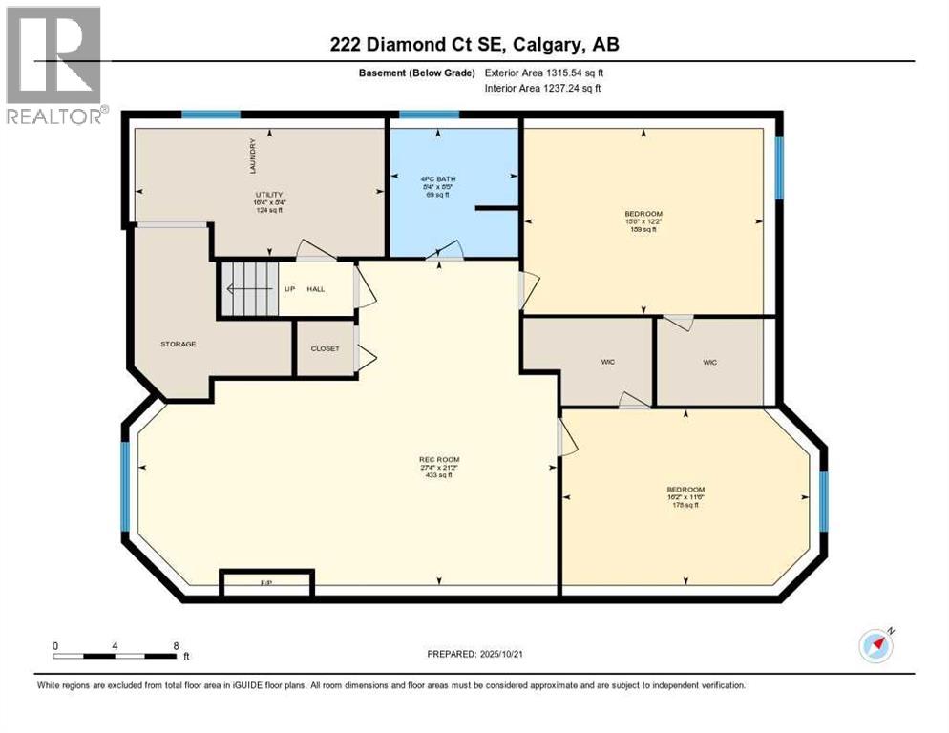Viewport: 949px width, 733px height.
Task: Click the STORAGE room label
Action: (178, 344)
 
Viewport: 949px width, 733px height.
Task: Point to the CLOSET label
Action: (325, 348)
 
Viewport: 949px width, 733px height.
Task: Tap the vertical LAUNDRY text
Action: (253, 157)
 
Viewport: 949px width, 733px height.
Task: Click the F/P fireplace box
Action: (266, 582)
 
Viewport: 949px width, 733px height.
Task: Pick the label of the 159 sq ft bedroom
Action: (643, 214)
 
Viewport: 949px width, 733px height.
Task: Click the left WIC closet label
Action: (606, 362)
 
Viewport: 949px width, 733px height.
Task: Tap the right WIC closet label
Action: (709, 362)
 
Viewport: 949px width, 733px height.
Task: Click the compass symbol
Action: (875, 646)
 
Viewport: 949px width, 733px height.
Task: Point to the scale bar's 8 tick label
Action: (176, 646)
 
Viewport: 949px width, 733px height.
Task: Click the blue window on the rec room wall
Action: (124, 486)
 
